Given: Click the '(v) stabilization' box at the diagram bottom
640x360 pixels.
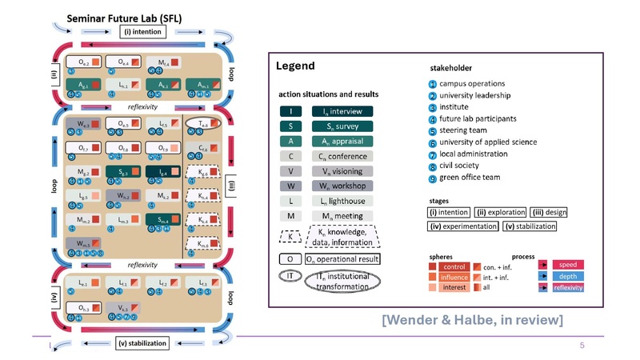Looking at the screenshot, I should pos(142,343).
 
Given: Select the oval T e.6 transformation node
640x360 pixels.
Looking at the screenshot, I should pos(205,124).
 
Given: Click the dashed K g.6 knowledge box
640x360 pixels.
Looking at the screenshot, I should pos(204,174).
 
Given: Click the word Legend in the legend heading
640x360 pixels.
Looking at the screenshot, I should pos(294,66).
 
